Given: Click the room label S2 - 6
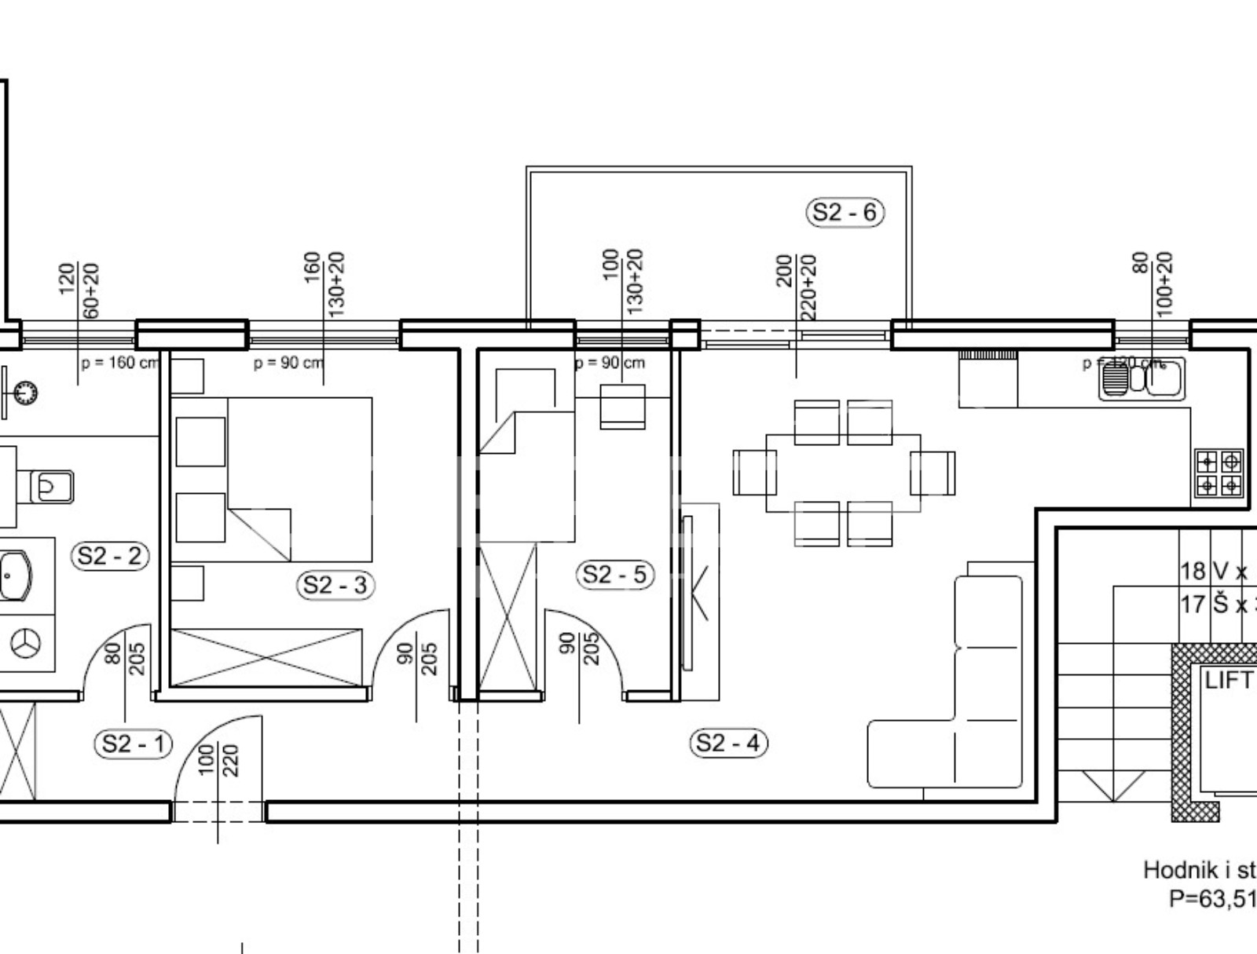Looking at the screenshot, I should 845,212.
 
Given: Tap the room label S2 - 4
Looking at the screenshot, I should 728,743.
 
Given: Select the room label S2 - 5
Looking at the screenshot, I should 614,575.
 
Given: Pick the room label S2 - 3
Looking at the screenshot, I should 335,585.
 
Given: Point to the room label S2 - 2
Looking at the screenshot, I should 110,557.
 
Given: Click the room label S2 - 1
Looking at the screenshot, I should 134,744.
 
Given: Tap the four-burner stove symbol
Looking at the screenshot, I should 1219,473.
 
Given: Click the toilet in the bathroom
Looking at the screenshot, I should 52,487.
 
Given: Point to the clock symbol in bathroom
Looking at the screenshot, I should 26,391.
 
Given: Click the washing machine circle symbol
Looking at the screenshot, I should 26,644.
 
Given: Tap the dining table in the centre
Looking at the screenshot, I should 843,473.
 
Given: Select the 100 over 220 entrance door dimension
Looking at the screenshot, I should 218,760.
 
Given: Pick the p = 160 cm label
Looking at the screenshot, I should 119,364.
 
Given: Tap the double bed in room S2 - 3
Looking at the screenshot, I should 299,479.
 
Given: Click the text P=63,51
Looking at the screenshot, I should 1212,898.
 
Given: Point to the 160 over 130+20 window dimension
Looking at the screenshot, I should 324,283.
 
